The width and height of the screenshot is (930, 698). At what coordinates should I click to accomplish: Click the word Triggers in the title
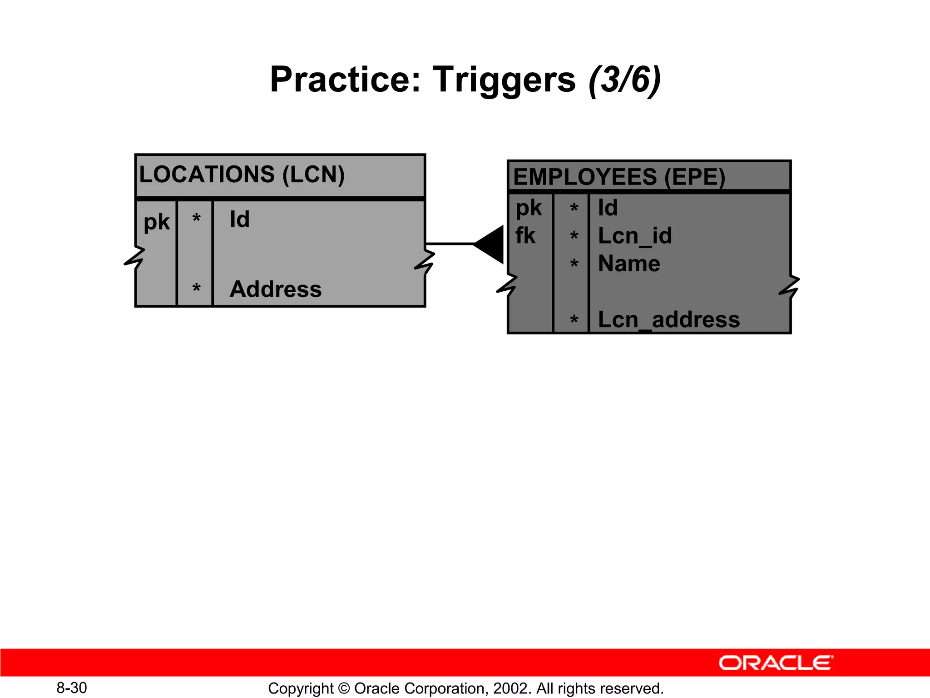pyautogui.click(x=504, y=80)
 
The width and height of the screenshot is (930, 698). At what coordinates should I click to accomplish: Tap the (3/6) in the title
pyautogui.click(x=624, y=80)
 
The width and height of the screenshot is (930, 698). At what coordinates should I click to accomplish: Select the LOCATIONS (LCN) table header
pyautogui.click(x=242, y=174)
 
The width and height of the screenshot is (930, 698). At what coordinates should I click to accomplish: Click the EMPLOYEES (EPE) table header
pyautogui.click(x=619, y=177)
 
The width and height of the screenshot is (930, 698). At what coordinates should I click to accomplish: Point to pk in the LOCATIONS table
pyautogui.click(x=156, y=222)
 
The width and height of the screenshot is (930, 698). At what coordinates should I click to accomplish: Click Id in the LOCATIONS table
pyautogui.click(x=239, y=219)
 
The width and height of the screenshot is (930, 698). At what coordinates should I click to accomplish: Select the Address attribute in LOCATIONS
pyautogui.click(x=276, y=289)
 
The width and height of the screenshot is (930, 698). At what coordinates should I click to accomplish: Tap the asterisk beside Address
pyautogui.click(x=196, y=288)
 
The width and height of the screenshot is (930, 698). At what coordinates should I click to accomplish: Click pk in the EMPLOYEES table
pyautogui.click(x=529, y=208)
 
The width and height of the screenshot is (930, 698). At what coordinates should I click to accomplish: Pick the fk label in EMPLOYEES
pyautogui.click(x=525, y=236)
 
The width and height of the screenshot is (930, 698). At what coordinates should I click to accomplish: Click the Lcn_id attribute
pyautogui.click(x=635, y=236)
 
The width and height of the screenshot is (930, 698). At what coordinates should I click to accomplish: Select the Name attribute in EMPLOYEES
pyautogui.click(x=629, y=264)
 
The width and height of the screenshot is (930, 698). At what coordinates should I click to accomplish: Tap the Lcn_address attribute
pyautogui.click(x=668, y=319)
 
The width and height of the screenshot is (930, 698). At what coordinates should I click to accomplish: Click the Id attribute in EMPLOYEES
pyautogui.click(x=608, y=208)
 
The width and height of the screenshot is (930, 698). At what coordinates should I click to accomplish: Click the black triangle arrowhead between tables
pyautogui.click(x=492, y=244)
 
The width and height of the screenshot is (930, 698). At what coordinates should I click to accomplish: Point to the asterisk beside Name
pyautogui.click(x=574, y=264)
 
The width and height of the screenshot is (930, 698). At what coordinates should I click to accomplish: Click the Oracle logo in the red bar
pyautogui.click(x=776, y=663)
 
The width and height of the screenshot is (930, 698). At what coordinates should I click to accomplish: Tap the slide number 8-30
pyautogui.click(x=72, y=688)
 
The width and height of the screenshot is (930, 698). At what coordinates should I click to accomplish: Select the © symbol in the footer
pyautogui.click(x=344, y=688)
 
